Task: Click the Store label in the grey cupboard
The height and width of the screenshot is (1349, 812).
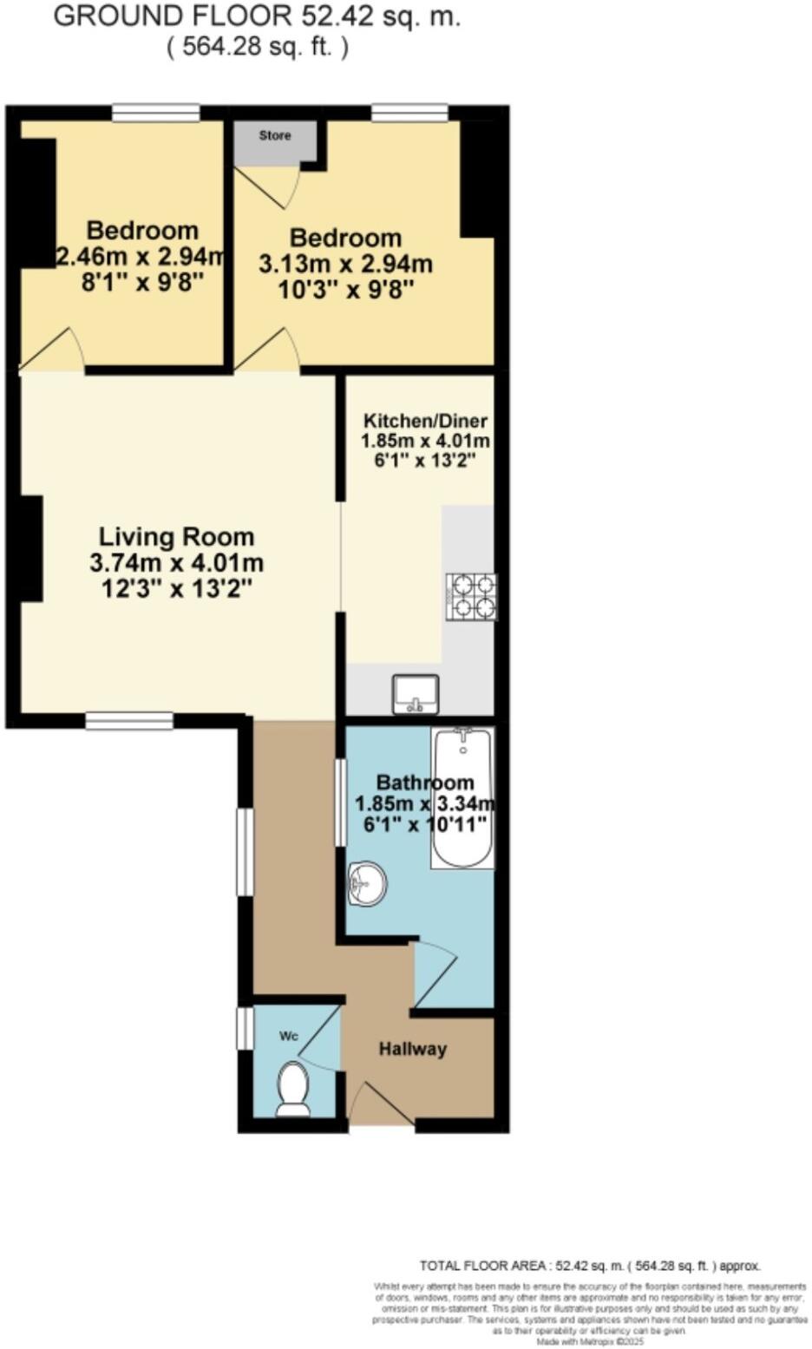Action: point(275,135)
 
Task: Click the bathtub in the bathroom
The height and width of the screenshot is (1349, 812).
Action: point(462,797)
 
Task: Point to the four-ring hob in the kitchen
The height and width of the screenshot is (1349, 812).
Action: point(471,597)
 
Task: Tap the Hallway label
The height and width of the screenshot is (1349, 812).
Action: point(412,1049)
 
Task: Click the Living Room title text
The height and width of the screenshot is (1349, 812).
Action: point(176,536)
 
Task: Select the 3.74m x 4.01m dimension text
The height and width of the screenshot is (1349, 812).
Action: point(176,563)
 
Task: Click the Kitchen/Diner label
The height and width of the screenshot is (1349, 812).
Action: point(425,421)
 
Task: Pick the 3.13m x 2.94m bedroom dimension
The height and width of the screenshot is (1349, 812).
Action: point(345,264)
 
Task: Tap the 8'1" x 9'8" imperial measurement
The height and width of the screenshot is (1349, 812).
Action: point(141,282)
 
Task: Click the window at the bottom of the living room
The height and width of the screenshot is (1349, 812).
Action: point(129,719)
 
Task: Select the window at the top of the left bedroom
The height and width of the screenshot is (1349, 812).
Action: point(156,112)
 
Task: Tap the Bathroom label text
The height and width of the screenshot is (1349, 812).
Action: point(425,783)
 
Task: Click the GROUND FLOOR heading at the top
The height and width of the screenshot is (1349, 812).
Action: point(257,17)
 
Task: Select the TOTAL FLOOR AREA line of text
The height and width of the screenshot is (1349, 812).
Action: point(590,1266)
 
